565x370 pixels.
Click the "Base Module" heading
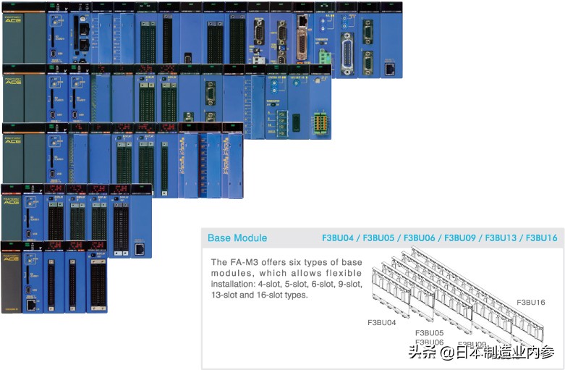click(x=237, y=238)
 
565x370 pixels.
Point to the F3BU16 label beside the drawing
click(x=531, y=301)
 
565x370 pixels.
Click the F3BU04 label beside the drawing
click(x=382, y=322)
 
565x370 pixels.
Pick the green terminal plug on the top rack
click(x=326, y=55)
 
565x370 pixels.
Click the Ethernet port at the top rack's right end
click(x=391, y=69)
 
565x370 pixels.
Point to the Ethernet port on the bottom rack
click(x=31, y=305)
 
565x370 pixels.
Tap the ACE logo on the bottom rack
click(x=11, y=258)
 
